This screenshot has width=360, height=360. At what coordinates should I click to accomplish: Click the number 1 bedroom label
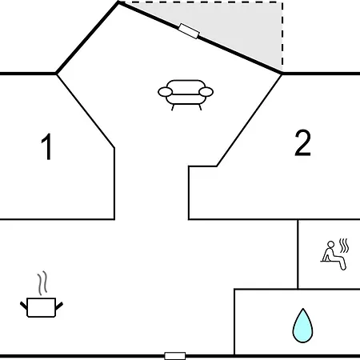tap(46, 146)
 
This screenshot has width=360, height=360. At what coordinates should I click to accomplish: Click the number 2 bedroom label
tap(302, 142)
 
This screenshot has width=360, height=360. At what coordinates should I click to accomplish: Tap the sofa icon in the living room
tap(186, 95)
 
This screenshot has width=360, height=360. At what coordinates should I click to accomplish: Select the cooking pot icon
tap(42, 307)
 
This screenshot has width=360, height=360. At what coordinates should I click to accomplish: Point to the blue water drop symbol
tap(302, 326)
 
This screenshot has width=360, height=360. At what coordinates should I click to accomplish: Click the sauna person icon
tap(334, 255)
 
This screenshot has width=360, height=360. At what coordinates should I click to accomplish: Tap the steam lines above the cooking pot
tap(42, 283)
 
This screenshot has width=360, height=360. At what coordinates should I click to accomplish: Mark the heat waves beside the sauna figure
tap(344, 246)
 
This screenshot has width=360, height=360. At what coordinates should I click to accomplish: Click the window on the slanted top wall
tap(189, 31)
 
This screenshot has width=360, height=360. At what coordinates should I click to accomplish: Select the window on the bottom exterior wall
tap(175, 356)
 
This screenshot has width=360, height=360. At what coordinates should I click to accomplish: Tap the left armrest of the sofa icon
tap(166, 92)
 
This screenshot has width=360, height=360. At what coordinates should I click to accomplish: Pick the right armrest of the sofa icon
tap(206, 92)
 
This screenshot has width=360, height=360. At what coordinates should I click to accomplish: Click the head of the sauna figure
tap(330, 244)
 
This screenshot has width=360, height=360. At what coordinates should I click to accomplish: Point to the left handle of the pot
tap(24, 306)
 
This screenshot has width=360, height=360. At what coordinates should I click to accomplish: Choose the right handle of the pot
tap(59, 306)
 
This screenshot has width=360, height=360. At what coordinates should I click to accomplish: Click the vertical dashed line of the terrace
tap(282, 37)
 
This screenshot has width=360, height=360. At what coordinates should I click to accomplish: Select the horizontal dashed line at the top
tap(202, 2)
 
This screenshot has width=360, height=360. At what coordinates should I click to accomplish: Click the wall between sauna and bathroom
tap(329, 289)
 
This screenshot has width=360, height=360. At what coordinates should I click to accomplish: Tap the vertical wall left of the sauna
tap(298, 254)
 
